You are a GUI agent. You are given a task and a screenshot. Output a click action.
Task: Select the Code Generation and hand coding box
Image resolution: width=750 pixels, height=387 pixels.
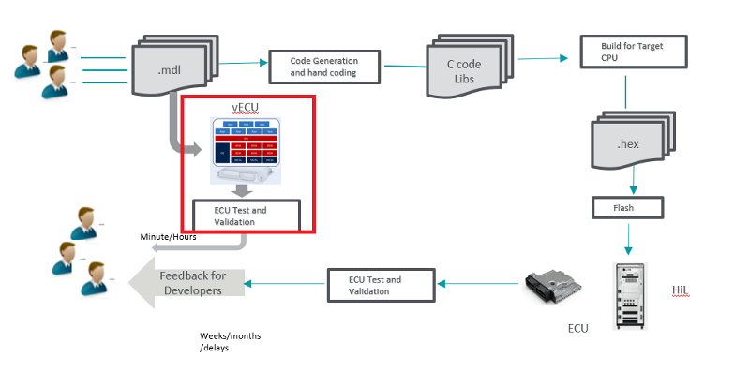322,67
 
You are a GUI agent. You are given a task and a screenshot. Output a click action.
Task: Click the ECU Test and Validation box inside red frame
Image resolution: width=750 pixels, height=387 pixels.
246,216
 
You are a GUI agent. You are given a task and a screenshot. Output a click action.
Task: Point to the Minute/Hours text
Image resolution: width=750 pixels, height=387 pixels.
167,237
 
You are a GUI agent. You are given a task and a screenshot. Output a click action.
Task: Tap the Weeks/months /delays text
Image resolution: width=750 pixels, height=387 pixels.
230,342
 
